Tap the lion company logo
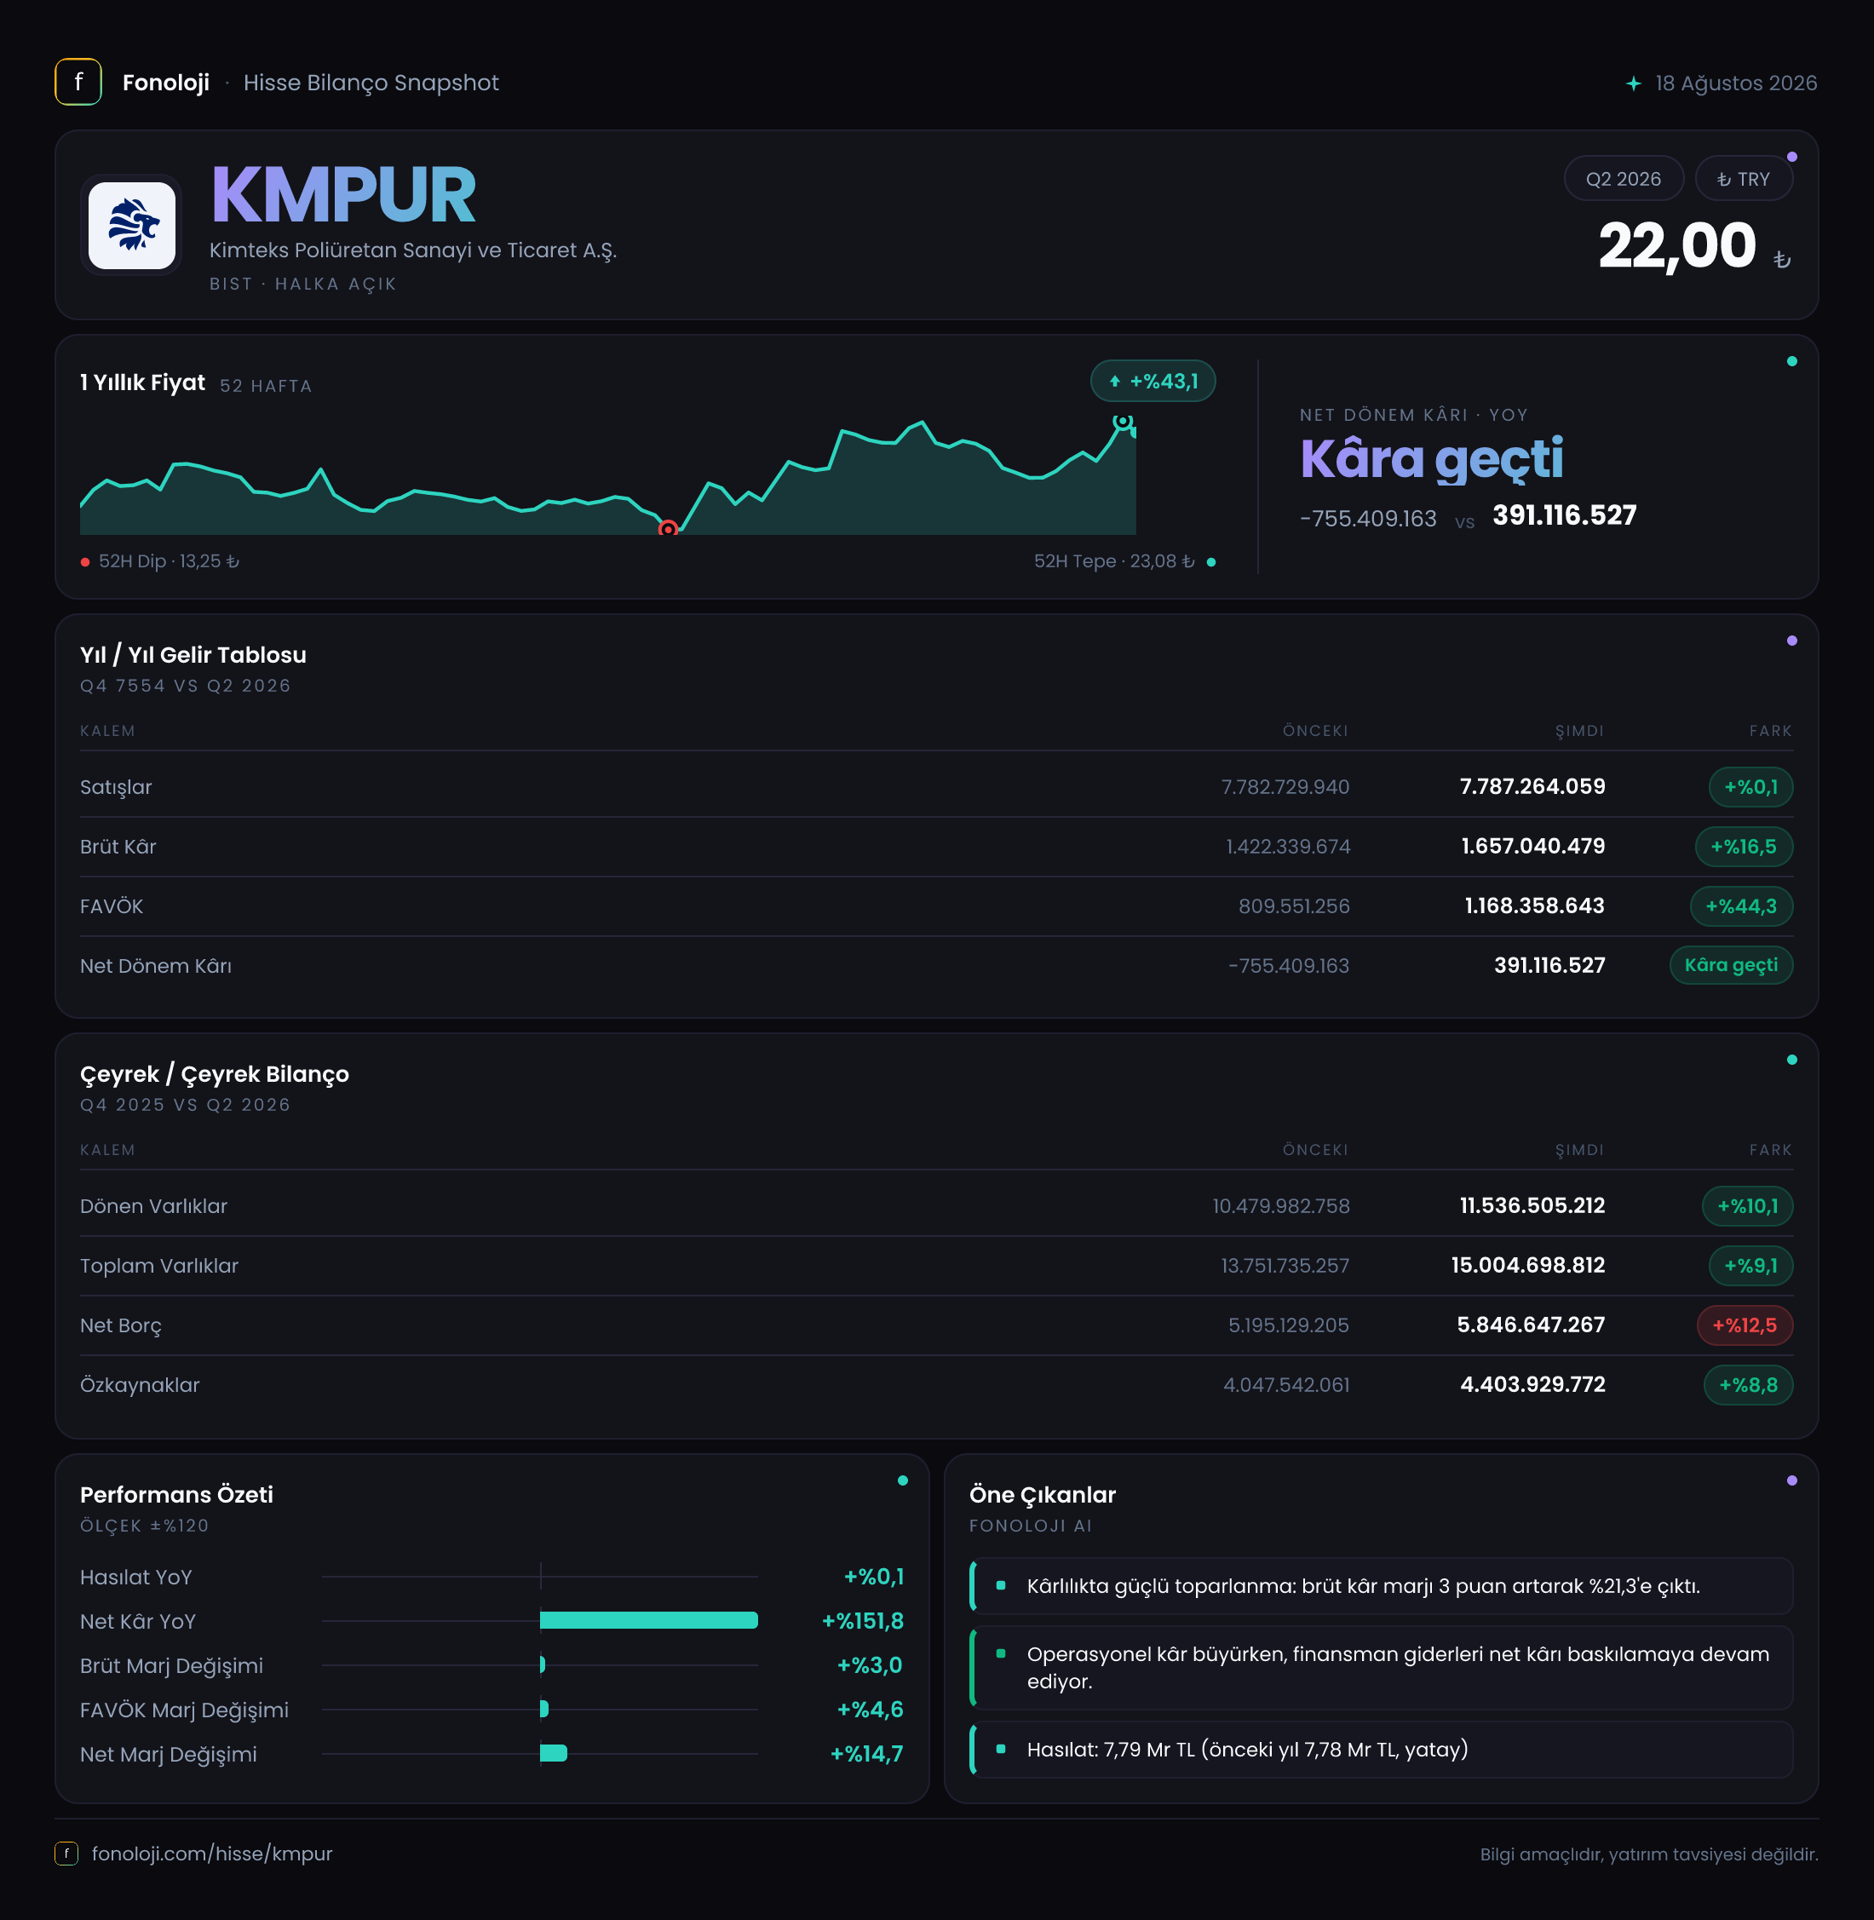click(x=132, y=226)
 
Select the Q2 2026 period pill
click(x=1623, y=179)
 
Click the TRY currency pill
click(x=1743, y=179)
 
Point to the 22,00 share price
click(x=1676, y=245)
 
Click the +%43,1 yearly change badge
click(x=1153, y=381)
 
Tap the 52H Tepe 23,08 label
click(x=1113, y=561)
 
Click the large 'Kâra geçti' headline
click(x=1431, y=458)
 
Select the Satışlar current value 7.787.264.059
click(x=1532, y=786)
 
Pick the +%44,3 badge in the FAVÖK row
click(x=1741, y=906)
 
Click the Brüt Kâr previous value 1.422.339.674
click(x=1287, y=847)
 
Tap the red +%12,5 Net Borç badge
click(x=1744, y=1325)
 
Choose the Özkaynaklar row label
click(x=140, y=1385)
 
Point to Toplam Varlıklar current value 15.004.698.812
click(x=1527, y=1266)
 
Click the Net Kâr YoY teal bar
click(x=648, y=1620)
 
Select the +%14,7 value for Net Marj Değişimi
click(x=866, y=1754)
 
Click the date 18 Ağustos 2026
click(x=1735, y=83)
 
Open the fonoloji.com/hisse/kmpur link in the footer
click(x=211, y=1853)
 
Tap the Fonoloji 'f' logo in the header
click(x=78, y=83)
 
